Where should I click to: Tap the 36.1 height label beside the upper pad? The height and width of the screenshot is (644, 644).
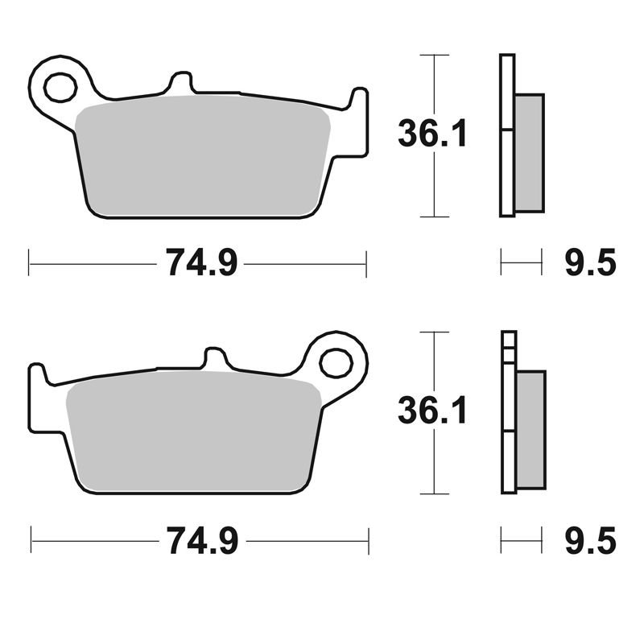tap(432, 133)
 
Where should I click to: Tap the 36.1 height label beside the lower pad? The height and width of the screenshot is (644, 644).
tap(432, 410)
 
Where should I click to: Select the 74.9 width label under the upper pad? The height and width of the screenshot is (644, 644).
tap(201, 263)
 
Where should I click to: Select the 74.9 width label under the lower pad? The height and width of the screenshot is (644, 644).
tap(202, 540)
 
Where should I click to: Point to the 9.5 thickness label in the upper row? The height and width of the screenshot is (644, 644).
tap(591, 262)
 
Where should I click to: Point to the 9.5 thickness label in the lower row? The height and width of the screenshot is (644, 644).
tap(591, 540)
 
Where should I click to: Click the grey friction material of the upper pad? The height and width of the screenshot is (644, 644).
tap(203, 156)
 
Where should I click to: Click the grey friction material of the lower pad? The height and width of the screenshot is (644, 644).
tap(193, 432)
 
